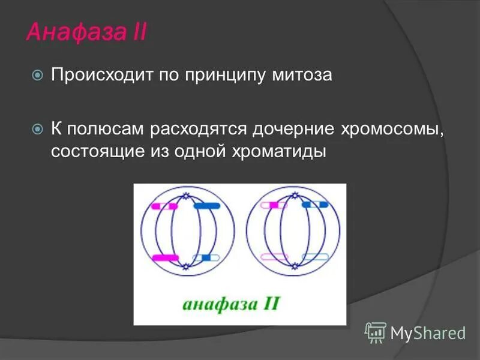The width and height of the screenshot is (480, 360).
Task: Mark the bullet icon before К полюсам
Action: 38,128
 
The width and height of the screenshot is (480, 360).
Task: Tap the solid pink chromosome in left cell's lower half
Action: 166,258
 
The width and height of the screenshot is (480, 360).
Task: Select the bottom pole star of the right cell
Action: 293,266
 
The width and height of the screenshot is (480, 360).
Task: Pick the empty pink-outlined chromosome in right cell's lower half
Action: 274,257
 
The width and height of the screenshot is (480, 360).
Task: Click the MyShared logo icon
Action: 376,331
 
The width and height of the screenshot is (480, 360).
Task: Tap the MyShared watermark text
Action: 428,332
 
